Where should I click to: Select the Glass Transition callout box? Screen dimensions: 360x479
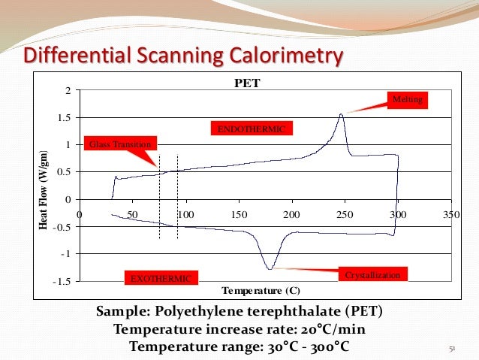(120, 144)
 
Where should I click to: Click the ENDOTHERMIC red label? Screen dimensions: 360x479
(251, 129)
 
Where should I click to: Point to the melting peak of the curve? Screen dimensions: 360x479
(342, 114)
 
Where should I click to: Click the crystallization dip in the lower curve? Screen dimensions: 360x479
(269, 268)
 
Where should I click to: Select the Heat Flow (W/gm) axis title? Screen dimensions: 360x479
(43, 186)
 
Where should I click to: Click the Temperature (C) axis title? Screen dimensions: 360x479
(262, 291)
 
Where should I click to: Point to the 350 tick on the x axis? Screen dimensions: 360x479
(450, 214)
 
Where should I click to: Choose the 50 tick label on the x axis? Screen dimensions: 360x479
(132, 214)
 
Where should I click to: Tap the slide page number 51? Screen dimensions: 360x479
(452, 349)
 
